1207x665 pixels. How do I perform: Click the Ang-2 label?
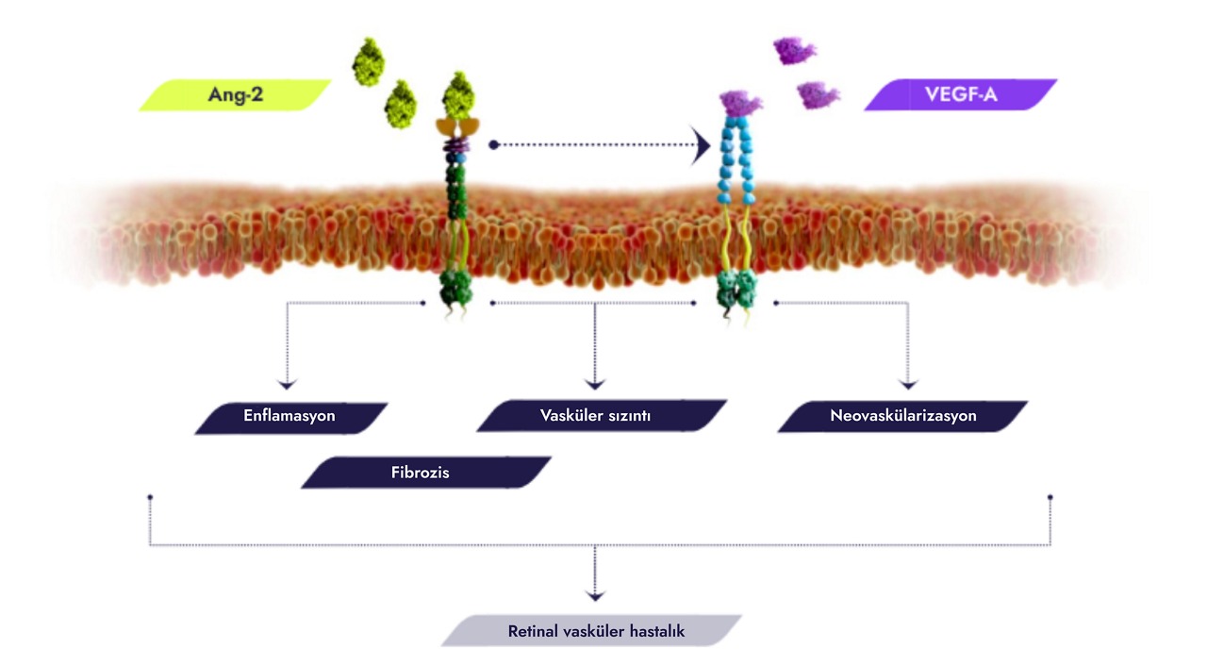point(236,95)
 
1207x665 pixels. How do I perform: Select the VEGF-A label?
point(961,95)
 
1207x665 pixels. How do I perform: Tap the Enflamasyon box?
point(289,416)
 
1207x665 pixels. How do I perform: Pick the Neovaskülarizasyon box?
point(903,416)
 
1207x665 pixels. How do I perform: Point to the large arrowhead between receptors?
point(701,145)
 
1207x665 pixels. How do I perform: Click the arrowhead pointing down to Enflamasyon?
point(287,384)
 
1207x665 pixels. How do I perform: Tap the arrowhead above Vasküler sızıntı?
point(594,384)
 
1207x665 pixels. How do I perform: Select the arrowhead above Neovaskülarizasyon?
point(908,384)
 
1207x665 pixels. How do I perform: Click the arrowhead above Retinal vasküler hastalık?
point(594,595)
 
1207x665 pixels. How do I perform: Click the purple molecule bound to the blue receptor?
point(740,103)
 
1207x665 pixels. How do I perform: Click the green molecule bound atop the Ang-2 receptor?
point(458,94)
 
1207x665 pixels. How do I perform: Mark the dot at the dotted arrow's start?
point(493,145)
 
